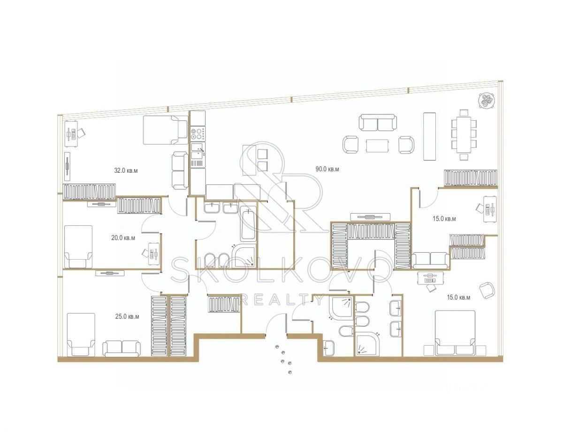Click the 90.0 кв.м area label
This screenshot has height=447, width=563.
[327, 169]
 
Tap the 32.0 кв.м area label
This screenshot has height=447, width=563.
[126, 170]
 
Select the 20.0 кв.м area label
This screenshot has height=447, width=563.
[123, 238]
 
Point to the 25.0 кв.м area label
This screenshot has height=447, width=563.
[127, 316]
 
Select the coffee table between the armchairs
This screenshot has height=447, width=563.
[378, 146]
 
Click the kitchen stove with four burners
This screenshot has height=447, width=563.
[198, 133]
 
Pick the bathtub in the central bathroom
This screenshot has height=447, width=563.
[248, 228]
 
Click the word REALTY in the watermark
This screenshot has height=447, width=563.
[281, 299]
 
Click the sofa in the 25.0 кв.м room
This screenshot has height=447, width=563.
[122, 347]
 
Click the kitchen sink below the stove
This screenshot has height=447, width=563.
[198, 150]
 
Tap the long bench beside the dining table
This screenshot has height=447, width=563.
[429, 136]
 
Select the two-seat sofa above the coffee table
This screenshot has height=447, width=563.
[378, 123]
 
